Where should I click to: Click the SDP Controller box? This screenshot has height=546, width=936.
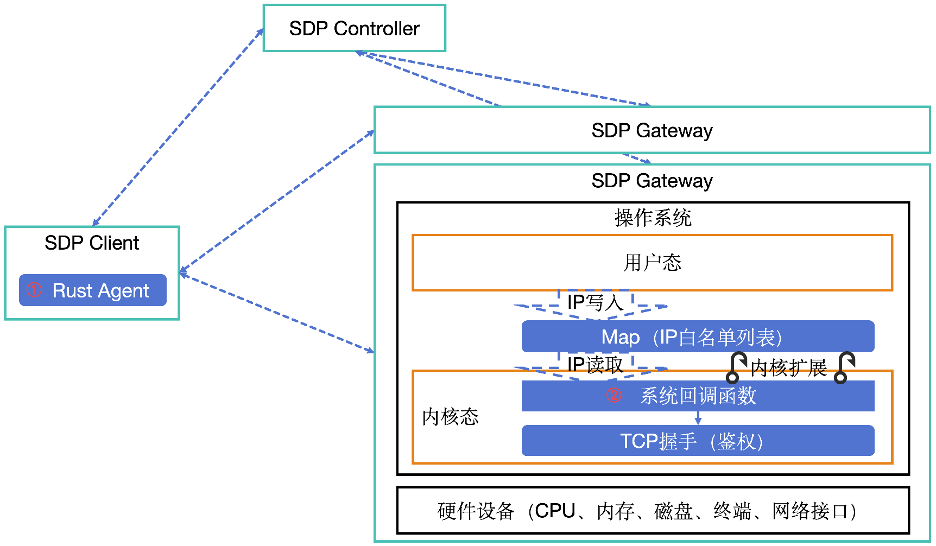354,28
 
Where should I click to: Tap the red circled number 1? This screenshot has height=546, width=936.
34,290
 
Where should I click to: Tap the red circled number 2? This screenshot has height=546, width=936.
614,395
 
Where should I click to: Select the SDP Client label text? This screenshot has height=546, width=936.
92,243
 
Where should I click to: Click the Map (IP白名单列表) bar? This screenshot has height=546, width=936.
698,337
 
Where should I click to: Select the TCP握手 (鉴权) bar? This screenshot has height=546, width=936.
698,441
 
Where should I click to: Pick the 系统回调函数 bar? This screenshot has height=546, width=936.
698,396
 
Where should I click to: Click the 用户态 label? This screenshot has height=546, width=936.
652,263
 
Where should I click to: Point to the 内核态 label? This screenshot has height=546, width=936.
450,417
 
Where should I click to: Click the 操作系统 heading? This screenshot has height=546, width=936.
653,218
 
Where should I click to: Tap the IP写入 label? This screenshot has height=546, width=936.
595,302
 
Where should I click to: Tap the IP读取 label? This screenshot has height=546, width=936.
595,364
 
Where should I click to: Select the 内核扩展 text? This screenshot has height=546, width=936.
788,368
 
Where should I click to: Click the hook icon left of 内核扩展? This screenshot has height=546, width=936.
736,367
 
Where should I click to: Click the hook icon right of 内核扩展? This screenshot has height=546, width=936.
844,367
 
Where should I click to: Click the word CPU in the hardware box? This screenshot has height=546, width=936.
555,511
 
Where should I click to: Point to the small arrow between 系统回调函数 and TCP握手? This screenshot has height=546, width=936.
698,418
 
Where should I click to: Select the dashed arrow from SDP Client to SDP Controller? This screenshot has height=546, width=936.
178,128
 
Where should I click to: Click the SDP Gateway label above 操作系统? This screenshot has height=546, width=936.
652,181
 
